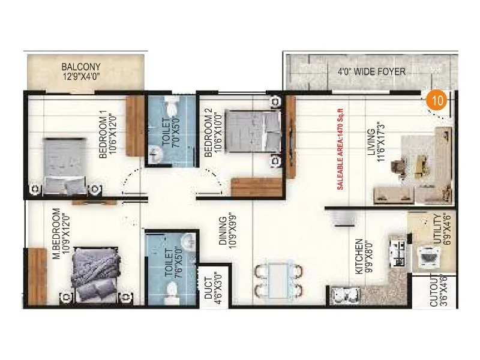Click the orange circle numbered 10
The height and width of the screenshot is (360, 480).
coord(439,100)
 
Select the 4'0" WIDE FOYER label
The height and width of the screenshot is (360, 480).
coord(371,72)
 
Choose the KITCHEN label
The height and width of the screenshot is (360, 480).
coord(358,256)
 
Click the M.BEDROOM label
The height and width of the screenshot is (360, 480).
coord(56,235)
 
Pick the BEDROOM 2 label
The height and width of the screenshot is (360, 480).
coord(208,133)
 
